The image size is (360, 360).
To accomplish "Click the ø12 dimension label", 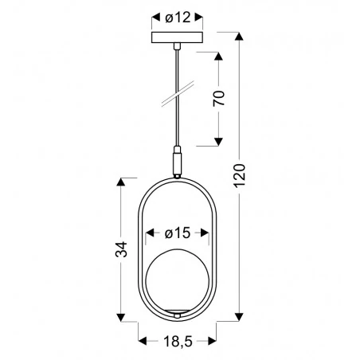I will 175,17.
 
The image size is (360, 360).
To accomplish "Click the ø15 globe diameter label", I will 178,234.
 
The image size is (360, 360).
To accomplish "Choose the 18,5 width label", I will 176,342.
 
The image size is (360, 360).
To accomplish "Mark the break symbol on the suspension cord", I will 176,94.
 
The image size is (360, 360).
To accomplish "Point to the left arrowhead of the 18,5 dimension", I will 142,341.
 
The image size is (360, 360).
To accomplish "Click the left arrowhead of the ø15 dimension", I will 148,234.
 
